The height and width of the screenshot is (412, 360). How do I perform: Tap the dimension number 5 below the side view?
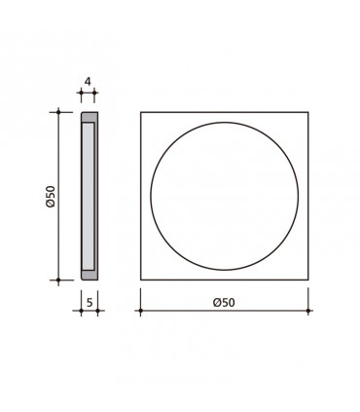pyautogui.click(x=89, y=303)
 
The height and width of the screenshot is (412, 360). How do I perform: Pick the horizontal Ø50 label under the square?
pyautogui.click(x=226, y=303)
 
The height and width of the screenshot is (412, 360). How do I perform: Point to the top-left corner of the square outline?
pyautogui.click(x=141, y=113)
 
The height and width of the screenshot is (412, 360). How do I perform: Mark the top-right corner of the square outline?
pyautogui.click(x=310, y=113)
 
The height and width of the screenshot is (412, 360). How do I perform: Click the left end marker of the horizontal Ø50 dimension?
pyautogui.click(x=141, y=313)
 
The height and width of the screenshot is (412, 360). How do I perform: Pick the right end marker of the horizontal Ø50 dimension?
pyautogui.click(x=310, y=313)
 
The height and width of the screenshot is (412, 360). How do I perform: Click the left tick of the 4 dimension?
pyautogui.click(x=80, y=95)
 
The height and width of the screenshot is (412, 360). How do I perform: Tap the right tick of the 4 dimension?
pyautogui.click(x=94, y=95)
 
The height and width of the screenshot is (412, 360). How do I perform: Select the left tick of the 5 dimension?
pyautogui.click(x=80, y=313)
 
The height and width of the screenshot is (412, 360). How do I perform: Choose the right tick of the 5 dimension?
pyautogui.click(x=98, y=313)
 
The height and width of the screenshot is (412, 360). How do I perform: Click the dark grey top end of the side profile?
pyautogui.click(x=89, y=117)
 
